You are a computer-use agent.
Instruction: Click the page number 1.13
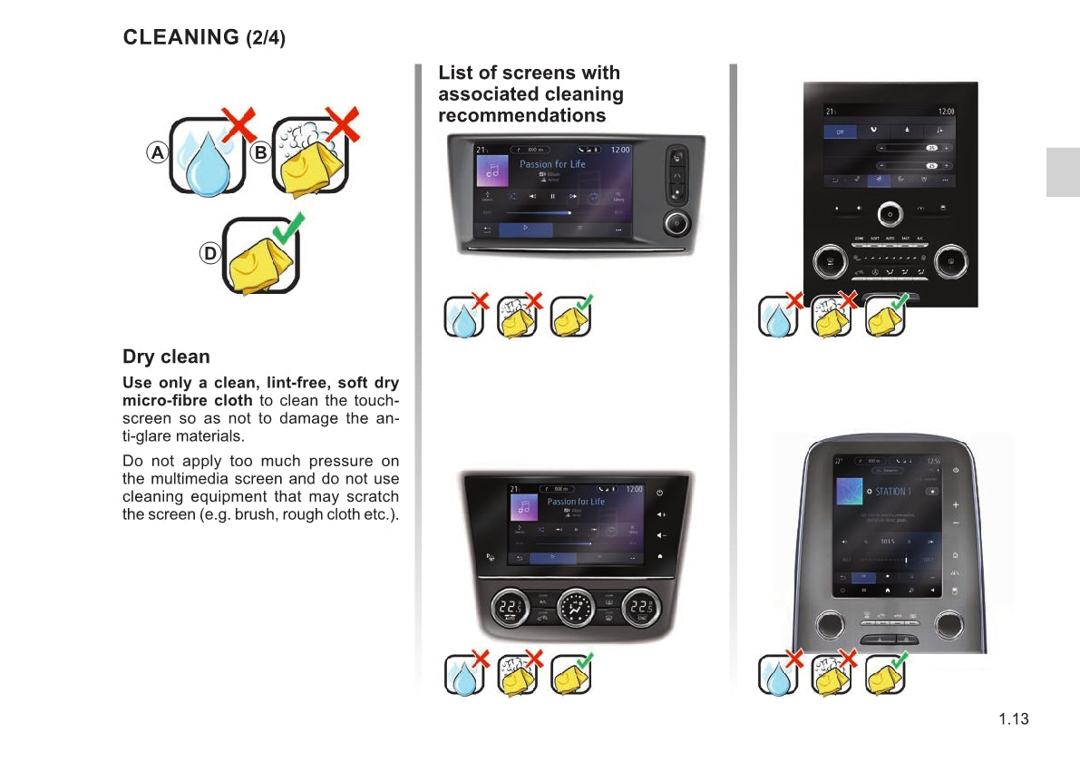pos(1014,719)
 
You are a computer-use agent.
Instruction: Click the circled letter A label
pos(158,153)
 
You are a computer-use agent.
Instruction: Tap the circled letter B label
pos(260,153)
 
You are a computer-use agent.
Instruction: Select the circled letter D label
pos(209,254)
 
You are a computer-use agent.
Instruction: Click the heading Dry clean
pos(166,357)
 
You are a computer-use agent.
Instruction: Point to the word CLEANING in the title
pos(180,37)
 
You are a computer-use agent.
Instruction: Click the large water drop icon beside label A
pos(209,164)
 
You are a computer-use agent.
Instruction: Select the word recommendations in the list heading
pos(521,115)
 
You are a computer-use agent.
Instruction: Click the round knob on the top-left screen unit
pos(676,222)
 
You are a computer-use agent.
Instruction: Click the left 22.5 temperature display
pos(510,608)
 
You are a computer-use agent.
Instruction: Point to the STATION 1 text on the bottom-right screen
pos(892,492)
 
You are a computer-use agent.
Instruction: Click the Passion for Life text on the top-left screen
pos(552,164)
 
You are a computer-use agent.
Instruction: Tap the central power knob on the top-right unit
pos(890,215)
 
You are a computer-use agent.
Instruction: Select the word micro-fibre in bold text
pos(161,400)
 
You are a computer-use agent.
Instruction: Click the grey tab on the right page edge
pos(1063,172)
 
